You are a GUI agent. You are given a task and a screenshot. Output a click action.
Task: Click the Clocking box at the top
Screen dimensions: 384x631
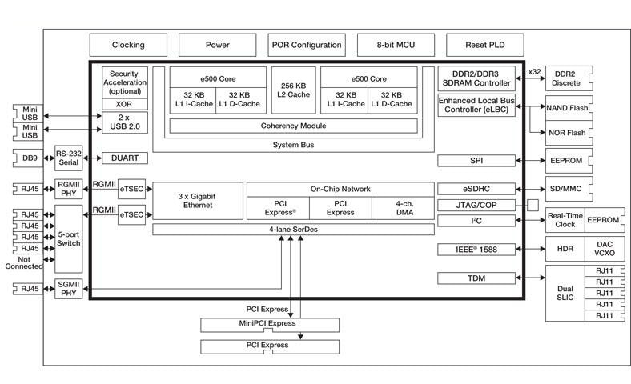pyautogui.click(x=128, y=45)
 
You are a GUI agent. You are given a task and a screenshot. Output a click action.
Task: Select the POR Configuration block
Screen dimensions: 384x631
pyautogui.click(x=306, y=45)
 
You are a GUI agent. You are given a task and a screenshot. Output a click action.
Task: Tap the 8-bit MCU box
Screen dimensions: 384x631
pyautogui.click(x=396, y=45)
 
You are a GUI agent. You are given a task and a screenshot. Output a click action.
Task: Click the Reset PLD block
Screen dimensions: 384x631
pyautogui.click(x=484, y=45)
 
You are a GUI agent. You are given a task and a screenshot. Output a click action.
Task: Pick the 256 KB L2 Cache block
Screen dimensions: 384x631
pyautogui.click(x=293, y=90)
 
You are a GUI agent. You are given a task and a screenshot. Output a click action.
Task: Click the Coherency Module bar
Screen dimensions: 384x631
pyautogui.click(x=293, y=126)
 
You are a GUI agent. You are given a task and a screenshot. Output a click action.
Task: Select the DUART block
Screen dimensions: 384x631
pyautogui.click(x=124, y=158)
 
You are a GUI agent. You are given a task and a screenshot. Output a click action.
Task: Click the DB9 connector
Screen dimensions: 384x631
pyautogui.click(x=30, y=158)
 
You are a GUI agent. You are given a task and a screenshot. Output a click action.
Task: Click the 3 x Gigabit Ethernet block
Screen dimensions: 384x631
pyautogui.click(x=197, y=200)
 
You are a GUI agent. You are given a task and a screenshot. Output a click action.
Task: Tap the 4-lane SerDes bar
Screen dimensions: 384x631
pyautogui.click(x=293, y=230)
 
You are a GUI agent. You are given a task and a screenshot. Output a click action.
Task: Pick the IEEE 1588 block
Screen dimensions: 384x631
pyautogui.click(x=476, y=250)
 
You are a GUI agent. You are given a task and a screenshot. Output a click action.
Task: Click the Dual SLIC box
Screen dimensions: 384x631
pyautogui.click(x=566, y=293)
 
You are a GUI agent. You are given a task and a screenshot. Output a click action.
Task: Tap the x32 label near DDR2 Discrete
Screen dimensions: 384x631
pyautogui.click(x=534, y=73)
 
